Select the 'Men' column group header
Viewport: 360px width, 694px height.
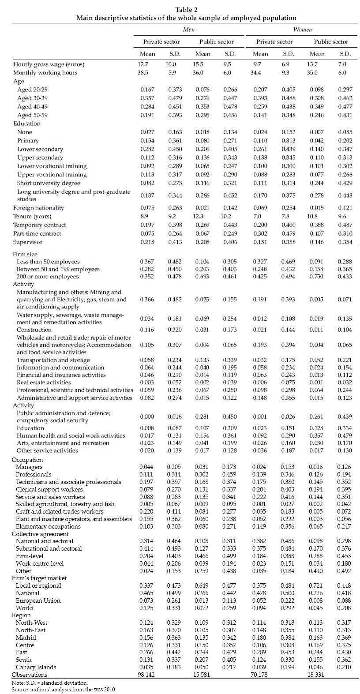[189, 29]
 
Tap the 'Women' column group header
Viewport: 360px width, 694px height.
[302, 29]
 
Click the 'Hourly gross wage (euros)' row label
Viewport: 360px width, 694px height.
[49, 64]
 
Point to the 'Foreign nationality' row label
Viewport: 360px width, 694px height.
[38, 208]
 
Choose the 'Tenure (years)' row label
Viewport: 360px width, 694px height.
[32, 216]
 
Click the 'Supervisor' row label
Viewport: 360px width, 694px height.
[28, 242]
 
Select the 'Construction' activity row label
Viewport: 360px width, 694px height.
[34, 330]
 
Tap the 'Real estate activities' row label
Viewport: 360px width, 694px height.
[44, 383]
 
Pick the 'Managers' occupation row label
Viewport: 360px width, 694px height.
[29, 467]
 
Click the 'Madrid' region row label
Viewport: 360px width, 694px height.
[26, 638]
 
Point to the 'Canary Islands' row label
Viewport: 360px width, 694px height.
[36, 667]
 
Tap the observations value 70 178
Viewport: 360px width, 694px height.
[260, 675]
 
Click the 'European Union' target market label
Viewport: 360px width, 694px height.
[38, 600]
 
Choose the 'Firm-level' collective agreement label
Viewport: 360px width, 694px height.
[29, 556]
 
